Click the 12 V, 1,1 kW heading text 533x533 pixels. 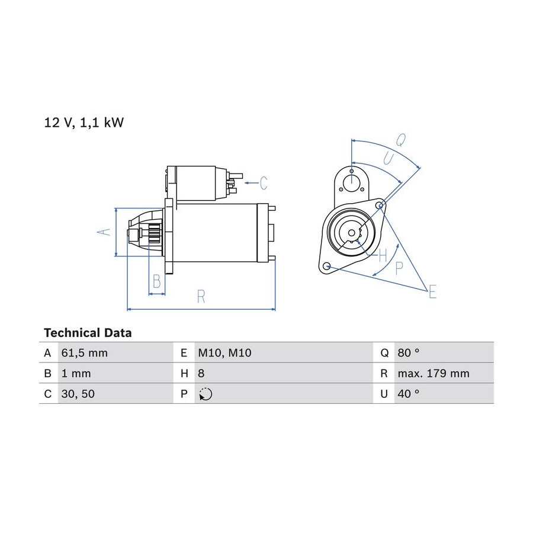84,123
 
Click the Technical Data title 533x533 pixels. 88,332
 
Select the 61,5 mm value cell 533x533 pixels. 84,353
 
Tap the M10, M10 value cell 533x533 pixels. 224,353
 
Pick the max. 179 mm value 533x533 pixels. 434,373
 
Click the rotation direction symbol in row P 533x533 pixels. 206,394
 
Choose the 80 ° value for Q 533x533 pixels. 408,353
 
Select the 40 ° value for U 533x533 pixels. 408,394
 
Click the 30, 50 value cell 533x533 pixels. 78,394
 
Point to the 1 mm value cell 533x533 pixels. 76,373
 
